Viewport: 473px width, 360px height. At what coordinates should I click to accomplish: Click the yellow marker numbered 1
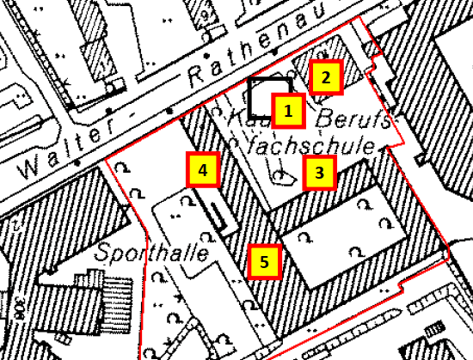[x=288, y=110]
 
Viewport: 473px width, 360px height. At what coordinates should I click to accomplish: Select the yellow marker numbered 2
[x=326, y=78]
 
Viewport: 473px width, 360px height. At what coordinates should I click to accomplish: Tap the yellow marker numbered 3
[x=319, y=173]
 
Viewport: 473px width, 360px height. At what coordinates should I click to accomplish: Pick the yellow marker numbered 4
[x=202, y=170]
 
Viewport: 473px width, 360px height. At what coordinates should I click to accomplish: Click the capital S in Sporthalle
[x=104, y=254]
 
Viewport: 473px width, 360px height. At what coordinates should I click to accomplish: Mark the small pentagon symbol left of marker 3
[x=282, y=176]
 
